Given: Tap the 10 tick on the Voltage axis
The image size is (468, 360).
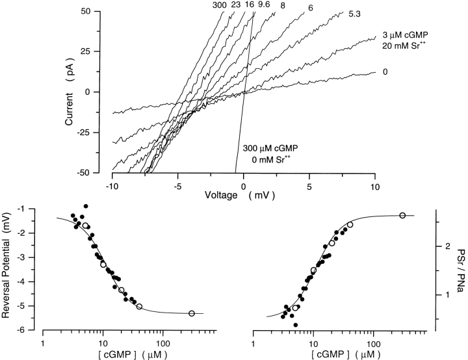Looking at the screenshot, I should (x=376, y=183).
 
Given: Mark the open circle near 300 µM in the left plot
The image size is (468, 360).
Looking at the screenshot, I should (x=192, y=313).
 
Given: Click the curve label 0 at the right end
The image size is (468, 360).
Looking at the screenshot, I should (x=385, y=71).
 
